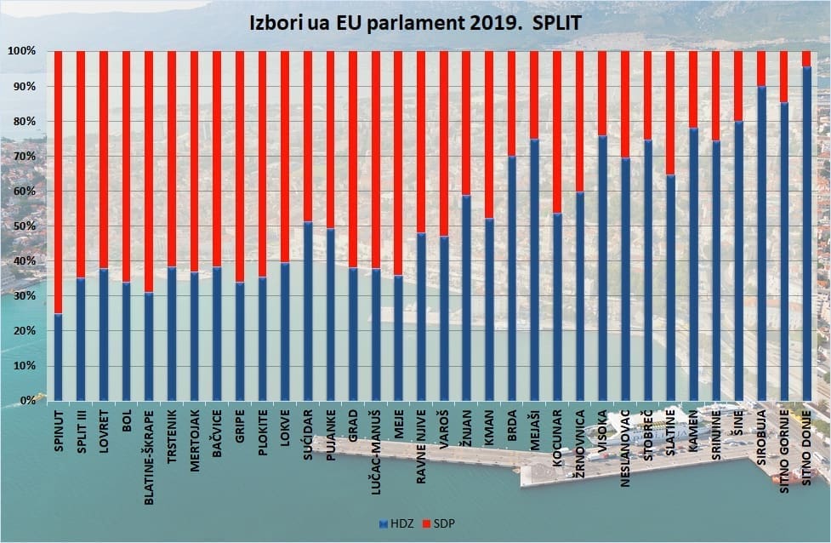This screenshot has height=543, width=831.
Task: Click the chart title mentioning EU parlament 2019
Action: point(415,23)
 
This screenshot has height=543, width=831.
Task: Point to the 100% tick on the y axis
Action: point(22,52)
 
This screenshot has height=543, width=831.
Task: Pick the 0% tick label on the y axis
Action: point(27,400)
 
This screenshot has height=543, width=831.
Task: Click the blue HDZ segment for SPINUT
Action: point(59,357)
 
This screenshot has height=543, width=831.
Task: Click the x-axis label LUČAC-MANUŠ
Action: point(376,448)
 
